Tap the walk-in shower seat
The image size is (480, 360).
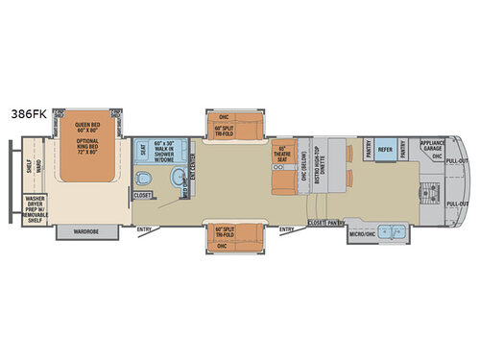(142, 151)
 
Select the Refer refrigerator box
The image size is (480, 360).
(385, 150)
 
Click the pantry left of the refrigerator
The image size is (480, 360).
(369, 150)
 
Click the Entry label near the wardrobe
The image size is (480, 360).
(144, 228)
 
